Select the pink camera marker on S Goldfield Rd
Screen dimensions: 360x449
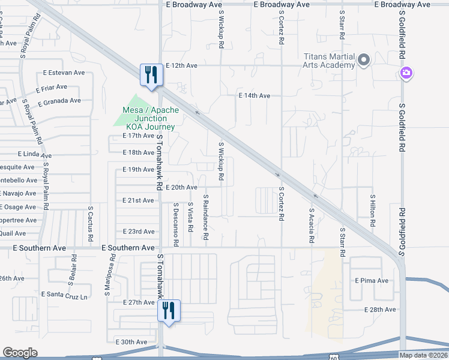coord(406,73)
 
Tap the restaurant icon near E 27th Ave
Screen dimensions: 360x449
coord(169,311)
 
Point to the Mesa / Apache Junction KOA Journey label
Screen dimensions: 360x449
coord(148,118)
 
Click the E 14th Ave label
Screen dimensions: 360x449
coord(255,95)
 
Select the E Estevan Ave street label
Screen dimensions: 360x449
coord(64,73)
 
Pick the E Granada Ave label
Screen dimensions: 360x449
coord(59,101)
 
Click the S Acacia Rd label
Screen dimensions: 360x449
coord(312,226)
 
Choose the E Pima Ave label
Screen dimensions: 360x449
coord(372,280)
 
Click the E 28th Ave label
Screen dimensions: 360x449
coord(380,310)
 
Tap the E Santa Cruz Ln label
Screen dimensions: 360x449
coord(67,295)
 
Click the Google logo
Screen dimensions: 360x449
coord(20,353)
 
